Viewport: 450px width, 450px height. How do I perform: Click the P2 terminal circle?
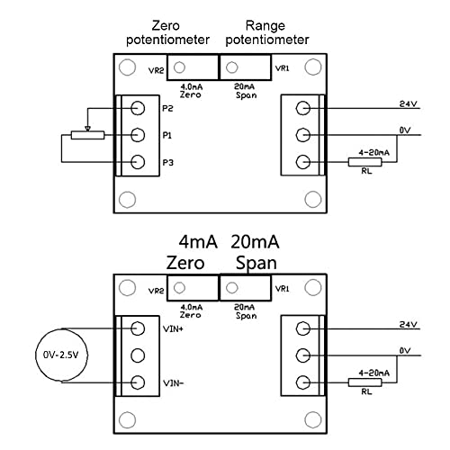pyautogui.click(x=138, y=108)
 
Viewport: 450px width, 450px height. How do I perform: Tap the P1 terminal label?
pyautogui.click(x=168, y=136)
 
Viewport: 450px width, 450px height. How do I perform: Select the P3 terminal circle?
pyautogui.click(x=138, y=163)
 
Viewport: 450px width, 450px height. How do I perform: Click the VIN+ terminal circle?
pyautogui.click(x=138, y=328)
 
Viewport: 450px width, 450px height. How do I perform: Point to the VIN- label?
pyautogui.click(x=175, y=382)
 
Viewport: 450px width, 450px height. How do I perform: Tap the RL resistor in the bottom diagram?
pyautogui.click(x=365, y=382)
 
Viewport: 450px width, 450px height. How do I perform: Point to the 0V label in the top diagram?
pyautogui.click(x=404, y=130)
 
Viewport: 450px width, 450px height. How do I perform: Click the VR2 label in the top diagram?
pyautogui.click(x=154, y=68)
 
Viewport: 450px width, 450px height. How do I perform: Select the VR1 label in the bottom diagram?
pyautogui.click(x=281, y=289)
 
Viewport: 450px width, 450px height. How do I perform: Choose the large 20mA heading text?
pyautogui.click(x=255, y=243)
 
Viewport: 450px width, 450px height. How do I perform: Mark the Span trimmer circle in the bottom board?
pyautogui.click(x=231, y=288)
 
